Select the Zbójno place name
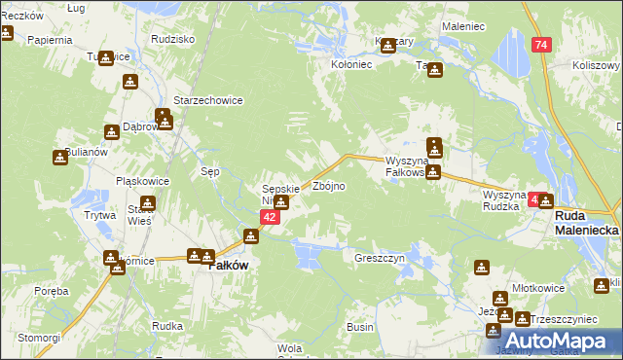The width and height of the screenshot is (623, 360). coord(329,186)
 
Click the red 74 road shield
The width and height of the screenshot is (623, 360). coord(542,46)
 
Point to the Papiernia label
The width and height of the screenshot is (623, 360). coord(51,41)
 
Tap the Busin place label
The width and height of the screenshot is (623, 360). coord(360,328)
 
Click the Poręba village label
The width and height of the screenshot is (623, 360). coord(51,291)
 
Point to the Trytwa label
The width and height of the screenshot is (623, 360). coord(99,216)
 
